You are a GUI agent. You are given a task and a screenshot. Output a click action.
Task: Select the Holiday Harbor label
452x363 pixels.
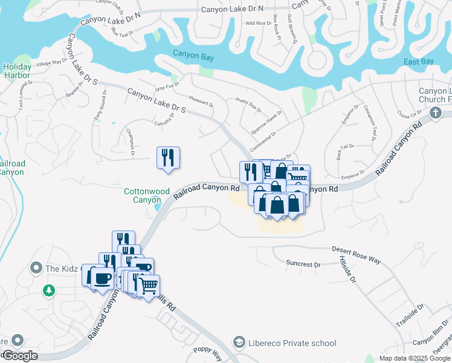point(16,71)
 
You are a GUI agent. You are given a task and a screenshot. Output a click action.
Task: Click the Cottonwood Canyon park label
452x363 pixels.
point(146,195)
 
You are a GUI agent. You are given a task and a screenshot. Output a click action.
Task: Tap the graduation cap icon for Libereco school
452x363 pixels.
point(239,343)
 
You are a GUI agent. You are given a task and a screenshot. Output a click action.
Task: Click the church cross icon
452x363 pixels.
point(435,113)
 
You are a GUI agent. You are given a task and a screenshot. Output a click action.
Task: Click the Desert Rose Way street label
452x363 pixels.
point(357,254)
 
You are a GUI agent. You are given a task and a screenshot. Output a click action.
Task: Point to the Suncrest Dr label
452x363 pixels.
point(303,264)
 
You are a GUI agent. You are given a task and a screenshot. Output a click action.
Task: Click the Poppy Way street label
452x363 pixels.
point(208,353)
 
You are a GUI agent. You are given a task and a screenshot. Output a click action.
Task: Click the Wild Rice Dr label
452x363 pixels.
point(258,24)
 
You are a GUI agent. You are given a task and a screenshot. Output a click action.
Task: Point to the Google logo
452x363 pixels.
point(19,356)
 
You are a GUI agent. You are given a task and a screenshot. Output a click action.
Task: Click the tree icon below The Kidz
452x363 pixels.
point(49,291)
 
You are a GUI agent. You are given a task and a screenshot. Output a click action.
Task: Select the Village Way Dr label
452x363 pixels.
point(51,63)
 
